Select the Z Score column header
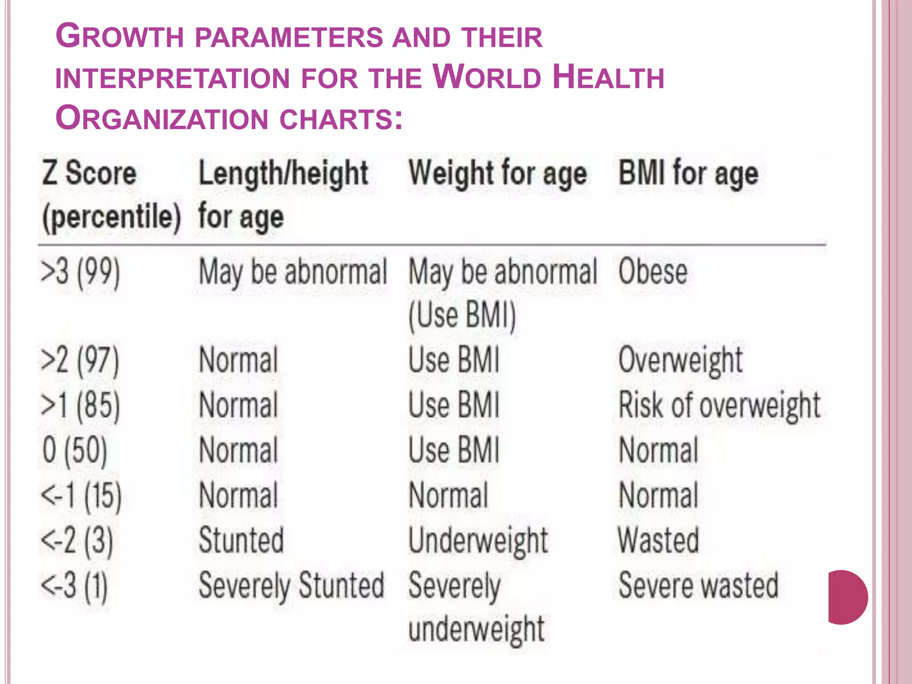pyautogui.click(x=89, y=173)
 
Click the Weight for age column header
pyautogui.click(x=497, y=173)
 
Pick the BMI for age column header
pyautogui.click(x=688, y=173)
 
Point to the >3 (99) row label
pyautogui.click(x=80, y=272)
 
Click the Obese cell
pyautogui.click(x=652, y=272)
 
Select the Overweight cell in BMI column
pyautogui.click(x=680, y=360)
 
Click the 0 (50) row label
pyautogui.click(x=75, y=450)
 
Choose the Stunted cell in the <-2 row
pyautogui.click(x=241, y=540)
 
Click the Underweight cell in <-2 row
pyautogui.click(x=478, y=540)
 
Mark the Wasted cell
pyautogui.click(x=658, y=540)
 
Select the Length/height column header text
pyautogui.click(x=283, y=173)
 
